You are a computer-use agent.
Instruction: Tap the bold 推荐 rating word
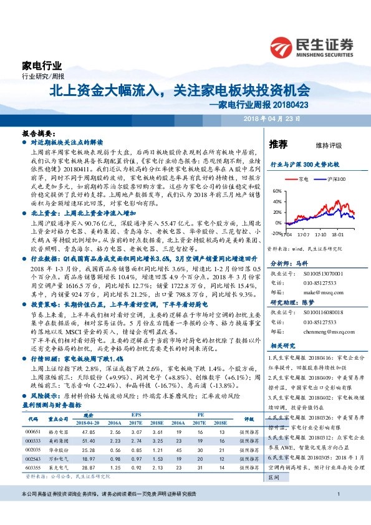[x=277, y=145]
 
